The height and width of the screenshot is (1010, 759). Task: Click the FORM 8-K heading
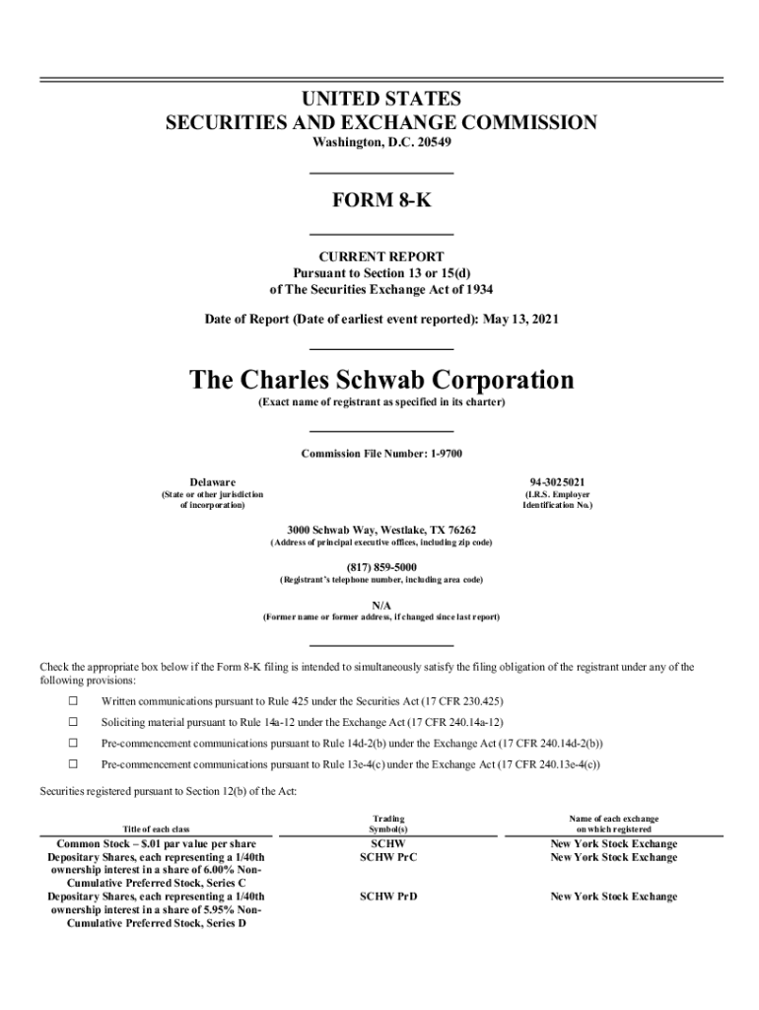380,202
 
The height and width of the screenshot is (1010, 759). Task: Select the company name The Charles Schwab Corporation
380,380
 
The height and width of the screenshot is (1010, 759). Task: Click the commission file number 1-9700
437,454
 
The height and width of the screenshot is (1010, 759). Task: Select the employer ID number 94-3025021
557,481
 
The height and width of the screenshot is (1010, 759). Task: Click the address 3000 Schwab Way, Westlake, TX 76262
380,530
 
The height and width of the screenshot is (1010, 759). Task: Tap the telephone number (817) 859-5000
380,566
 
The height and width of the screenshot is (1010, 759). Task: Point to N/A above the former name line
380,604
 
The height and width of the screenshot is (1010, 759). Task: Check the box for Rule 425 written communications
72,701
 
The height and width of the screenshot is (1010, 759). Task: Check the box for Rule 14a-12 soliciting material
72,722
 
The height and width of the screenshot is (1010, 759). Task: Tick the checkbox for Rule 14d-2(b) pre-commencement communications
72,743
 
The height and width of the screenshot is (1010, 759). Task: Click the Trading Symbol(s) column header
388,825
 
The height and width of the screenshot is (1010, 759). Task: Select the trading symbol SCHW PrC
388,857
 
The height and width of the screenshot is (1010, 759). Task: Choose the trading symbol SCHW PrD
388,897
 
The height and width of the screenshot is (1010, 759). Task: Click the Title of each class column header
156,830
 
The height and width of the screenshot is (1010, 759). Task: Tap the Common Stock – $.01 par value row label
157,844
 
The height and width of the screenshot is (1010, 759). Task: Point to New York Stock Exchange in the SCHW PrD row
613,897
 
